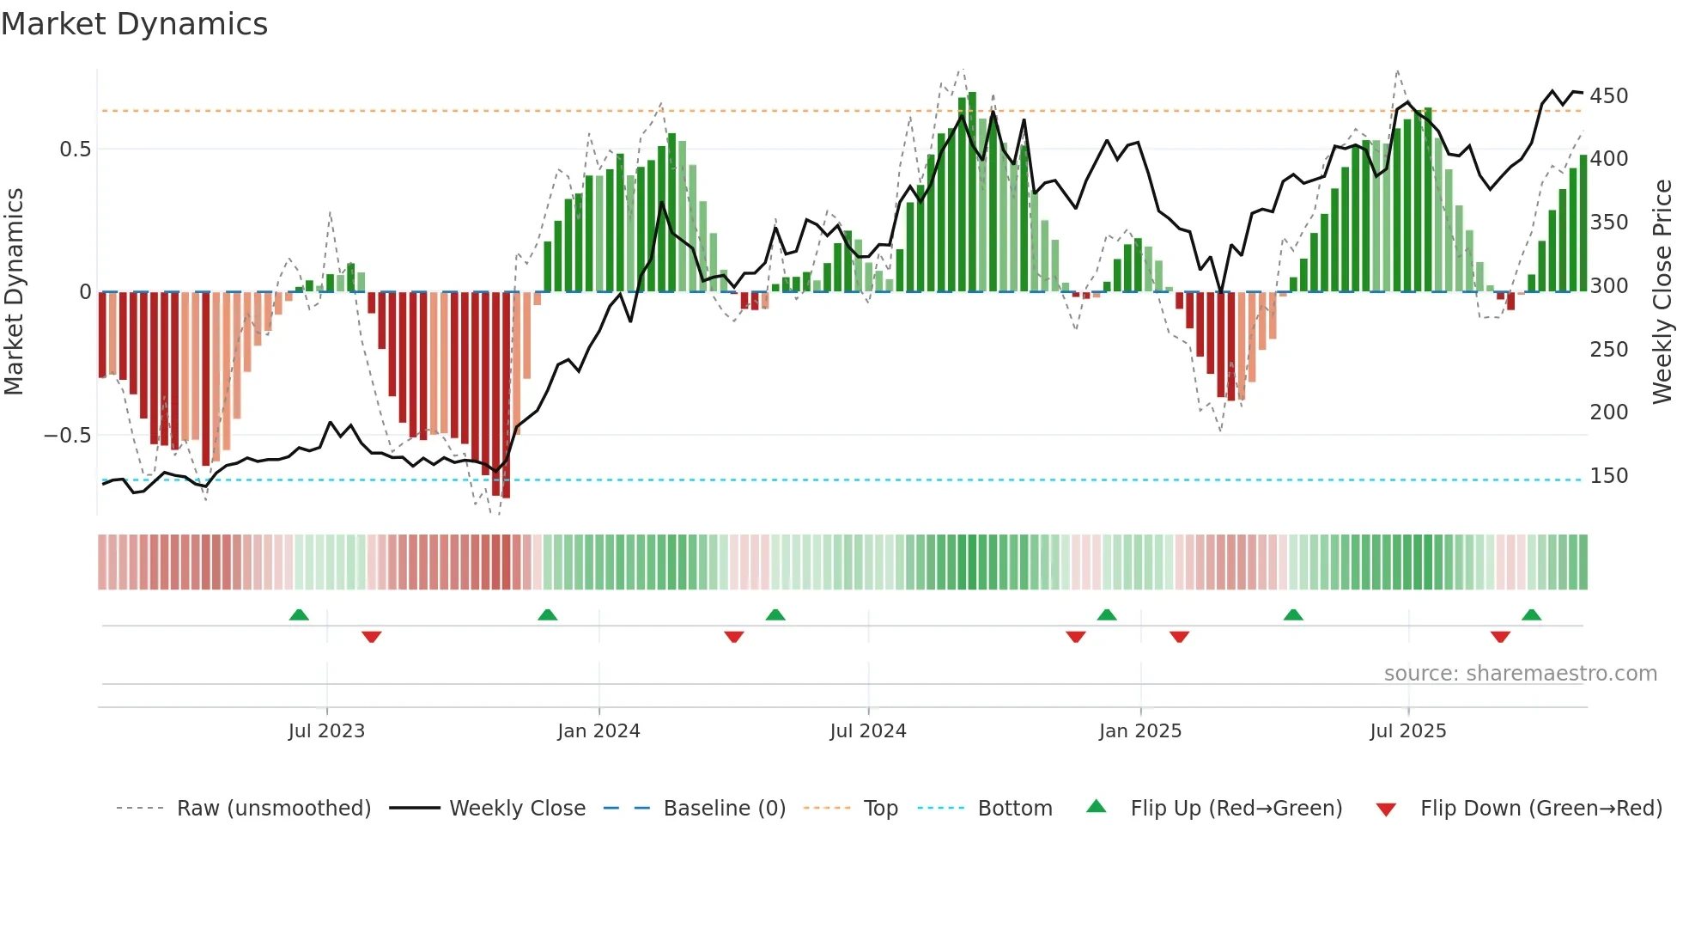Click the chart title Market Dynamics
click(x=134, y=24)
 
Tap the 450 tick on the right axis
click(x=1608, y=95)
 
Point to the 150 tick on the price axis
click(x=1608, y=475)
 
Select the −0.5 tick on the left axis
click(x=68, y=436)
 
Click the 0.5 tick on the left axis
click(x=75, y=150)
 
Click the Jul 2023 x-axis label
click(x=326, y=731)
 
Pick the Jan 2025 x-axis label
click(x=1139, y=731)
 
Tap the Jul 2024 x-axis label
click(x=867, y=731)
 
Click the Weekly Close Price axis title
click(x=1662, y=292)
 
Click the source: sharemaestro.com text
click(x=1520, y=674)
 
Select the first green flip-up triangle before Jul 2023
click(x=299, y=614)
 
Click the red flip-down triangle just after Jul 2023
click(x=371, y=637)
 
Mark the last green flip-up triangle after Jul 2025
click(x=1531, y=614)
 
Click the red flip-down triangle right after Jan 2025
click(x=1179, y=637)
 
